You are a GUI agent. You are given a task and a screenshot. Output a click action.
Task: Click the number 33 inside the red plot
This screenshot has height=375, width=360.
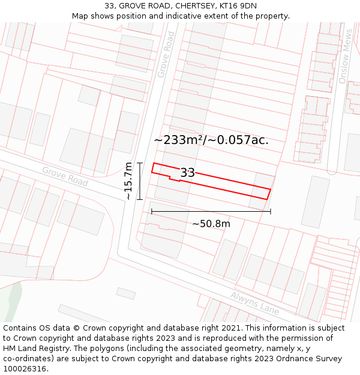coord(187,173)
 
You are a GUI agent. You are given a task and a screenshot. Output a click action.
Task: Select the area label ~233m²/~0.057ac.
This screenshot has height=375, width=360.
coord(211,140)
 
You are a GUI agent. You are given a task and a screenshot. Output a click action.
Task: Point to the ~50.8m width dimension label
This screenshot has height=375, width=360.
coord(211,224)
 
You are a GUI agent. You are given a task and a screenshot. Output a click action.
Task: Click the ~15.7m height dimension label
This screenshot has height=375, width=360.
coord(128,181)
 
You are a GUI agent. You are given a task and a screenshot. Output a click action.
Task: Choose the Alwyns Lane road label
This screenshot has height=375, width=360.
coord(255,304)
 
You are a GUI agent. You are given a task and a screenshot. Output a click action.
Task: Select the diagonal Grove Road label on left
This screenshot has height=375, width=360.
coord(65,176)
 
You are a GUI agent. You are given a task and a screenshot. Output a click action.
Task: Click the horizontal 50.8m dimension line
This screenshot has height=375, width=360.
coord(211,211)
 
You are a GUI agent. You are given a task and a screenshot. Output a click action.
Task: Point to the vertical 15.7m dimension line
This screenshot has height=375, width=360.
coord(139,181)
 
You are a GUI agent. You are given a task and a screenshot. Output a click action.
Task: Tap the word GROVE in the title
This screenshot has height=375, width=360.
coord(131,6)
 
